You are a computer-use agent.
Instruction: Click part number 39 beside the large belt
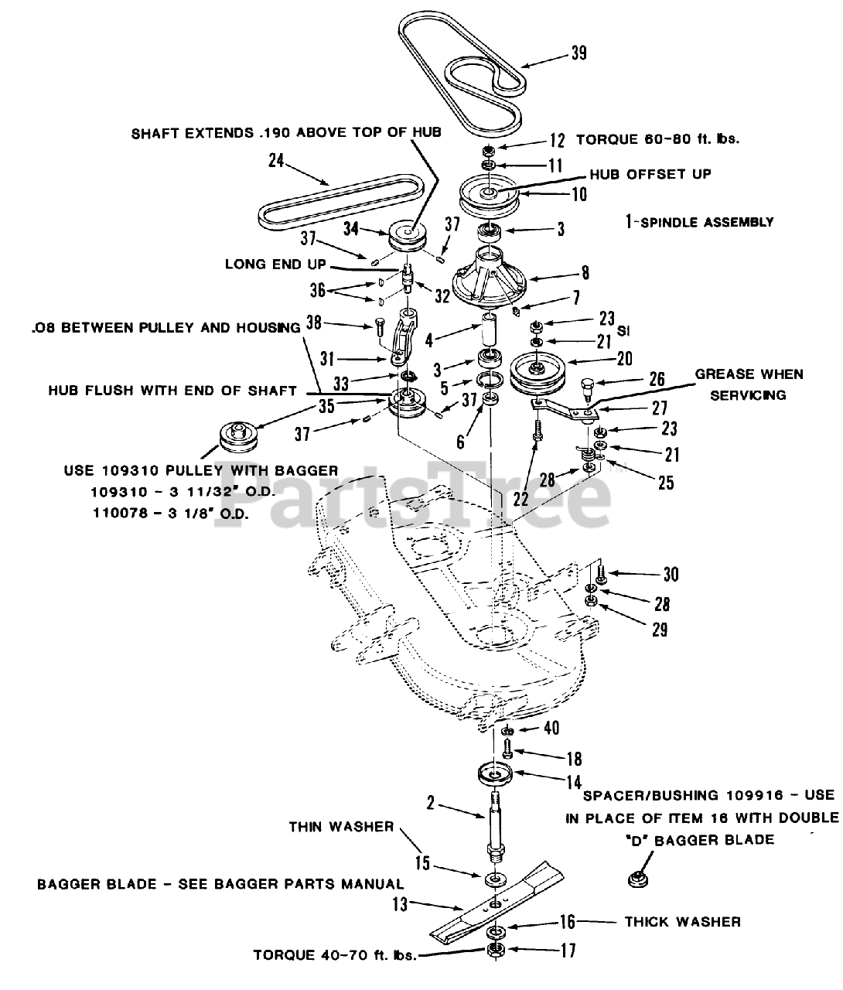tap(578, 52)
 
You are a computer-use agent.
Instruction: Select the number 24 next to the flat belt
tap(276, 161)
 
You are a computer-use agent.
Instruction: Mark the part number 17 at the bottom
tap(568, 951)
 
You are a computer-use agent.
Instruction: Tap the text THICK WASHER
tap(683, 921)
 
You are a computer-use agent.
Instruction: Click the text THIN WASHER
tap(341, 827)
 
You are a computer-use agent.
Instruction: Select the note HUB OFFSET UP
tap(650, 174)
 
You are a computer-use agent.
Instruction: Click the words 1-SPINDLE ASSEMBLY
tap(699, 222)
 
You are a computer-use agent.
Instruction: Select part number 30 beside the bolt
tap(671, 574)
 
